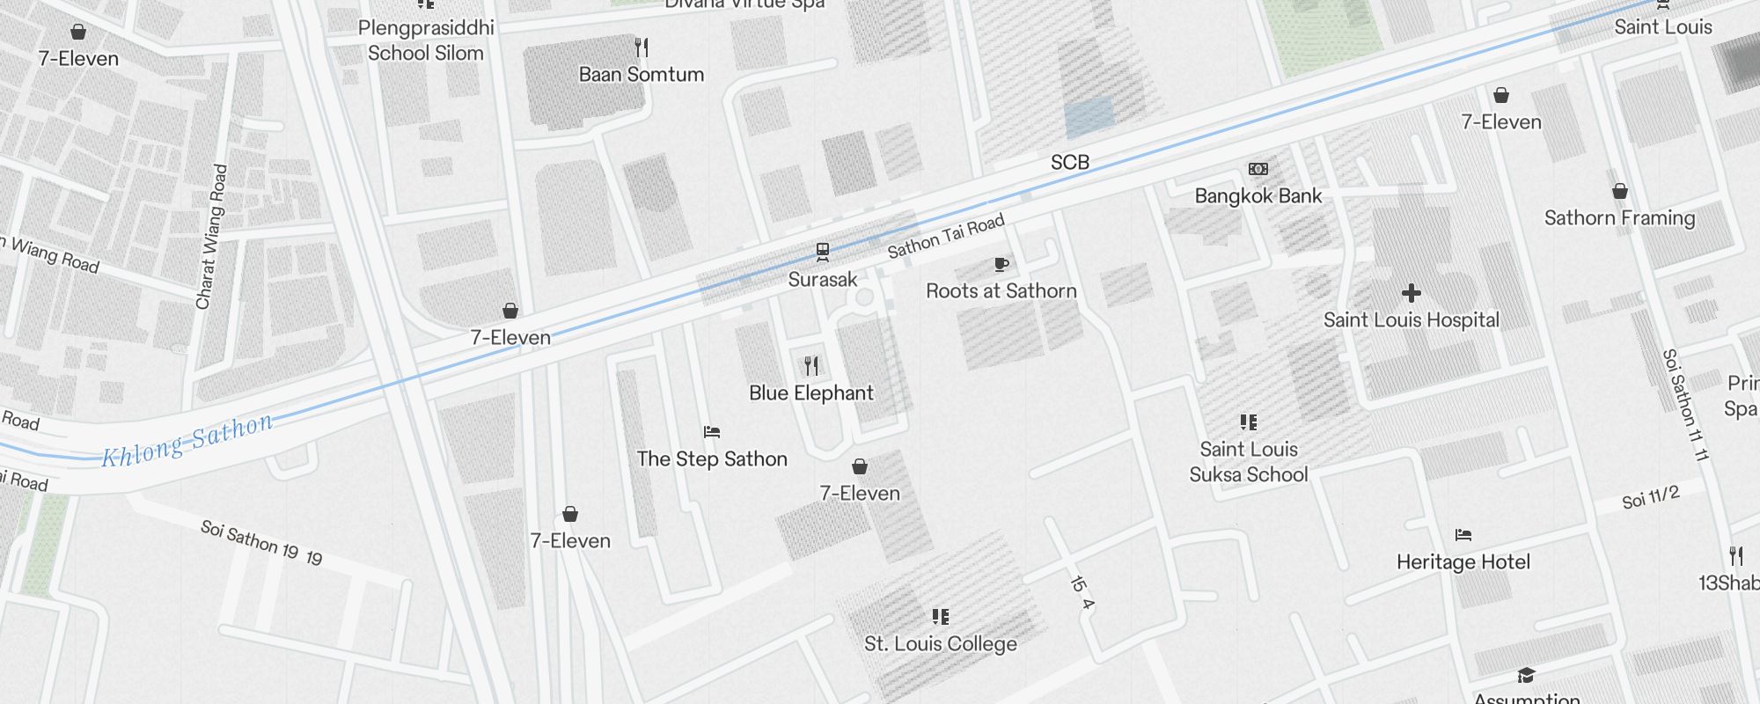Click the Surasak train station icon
(x=822, y=253)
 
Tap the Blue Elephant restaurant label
(x=810, y=393)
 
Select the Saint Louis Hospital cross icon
(x=1411, y=293)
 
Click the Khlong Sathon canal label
(x=187, y=440)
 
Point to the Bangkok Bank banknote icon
(x=1258, y=169)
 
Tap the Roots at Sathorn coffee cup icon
(x=1001, y=264)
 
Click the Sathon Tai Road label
(x=945, y=237)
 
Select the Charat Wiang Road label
(x=211, y=237)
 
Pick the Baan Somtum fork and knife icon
(x=642, y=48)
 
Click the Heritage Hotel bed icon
(x=1463, y=535)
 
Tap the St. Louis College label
(x=940, y=644)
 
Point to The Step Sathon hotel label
(x=711, y=459)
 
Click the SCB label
(x=1069, y=163)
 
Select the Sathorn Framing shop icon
(x=1619, y=192)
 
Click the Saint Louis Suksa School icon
(x=1248, y=422)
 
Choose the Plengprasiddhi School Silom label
(x=426, y=40)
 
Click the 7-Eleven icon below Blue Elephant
(x=860, y=466)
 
